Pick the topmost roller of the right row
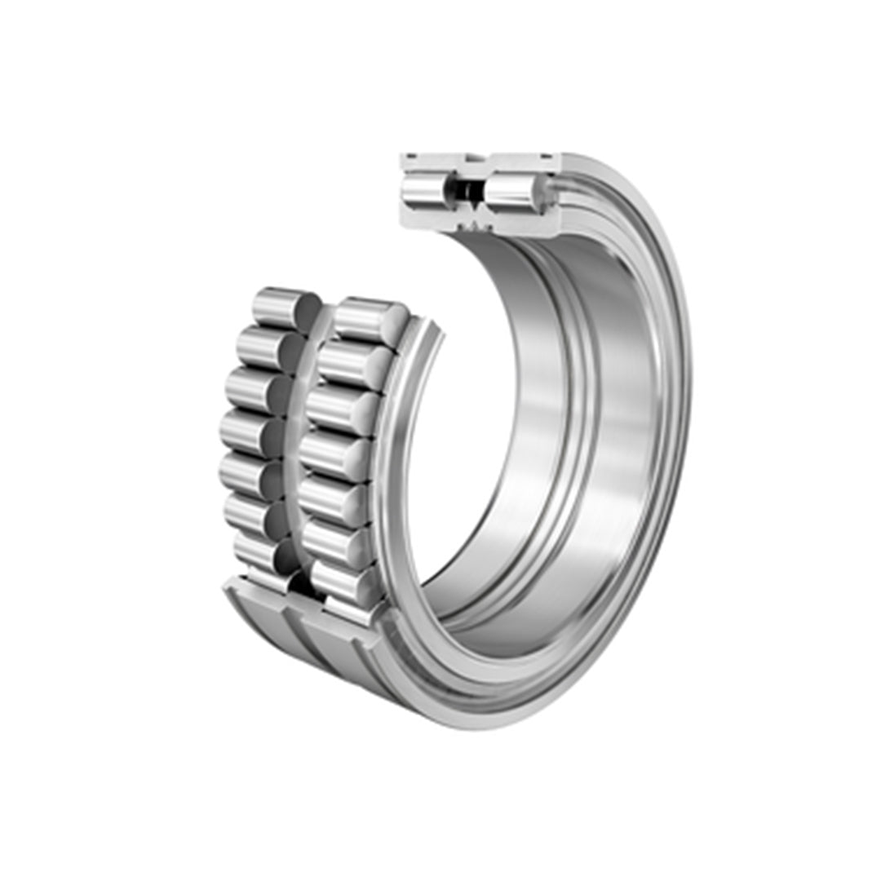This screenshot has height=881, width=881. pos(369,317)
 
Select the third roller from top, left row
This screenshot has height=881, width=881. pos(250,390)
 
